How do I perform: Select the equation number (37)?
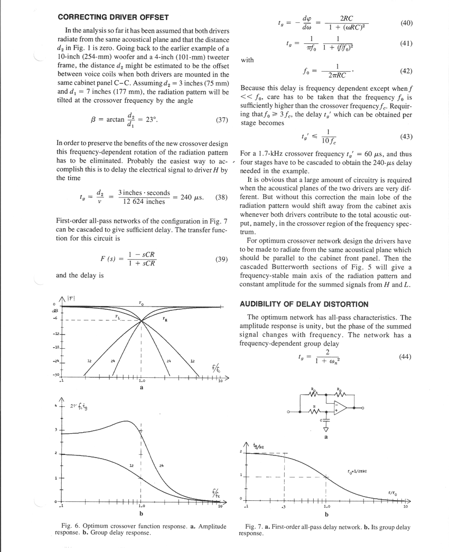pos(222,120)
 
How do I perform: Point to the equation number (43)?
pos(406,136)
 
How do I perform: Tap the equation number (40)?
pos(406,23)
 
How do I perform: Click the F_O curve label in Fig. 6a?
pos(141,303)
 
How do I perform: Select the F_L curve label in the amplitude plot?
pos(117,316)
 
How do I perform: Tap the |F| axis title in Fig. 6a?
pos(70,299)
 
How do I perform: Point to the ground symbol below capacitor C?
pos(325,429)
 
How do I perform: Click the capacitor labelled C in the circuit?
pos(325,421)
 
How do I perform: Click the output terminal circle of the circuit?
pos(363,408)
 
